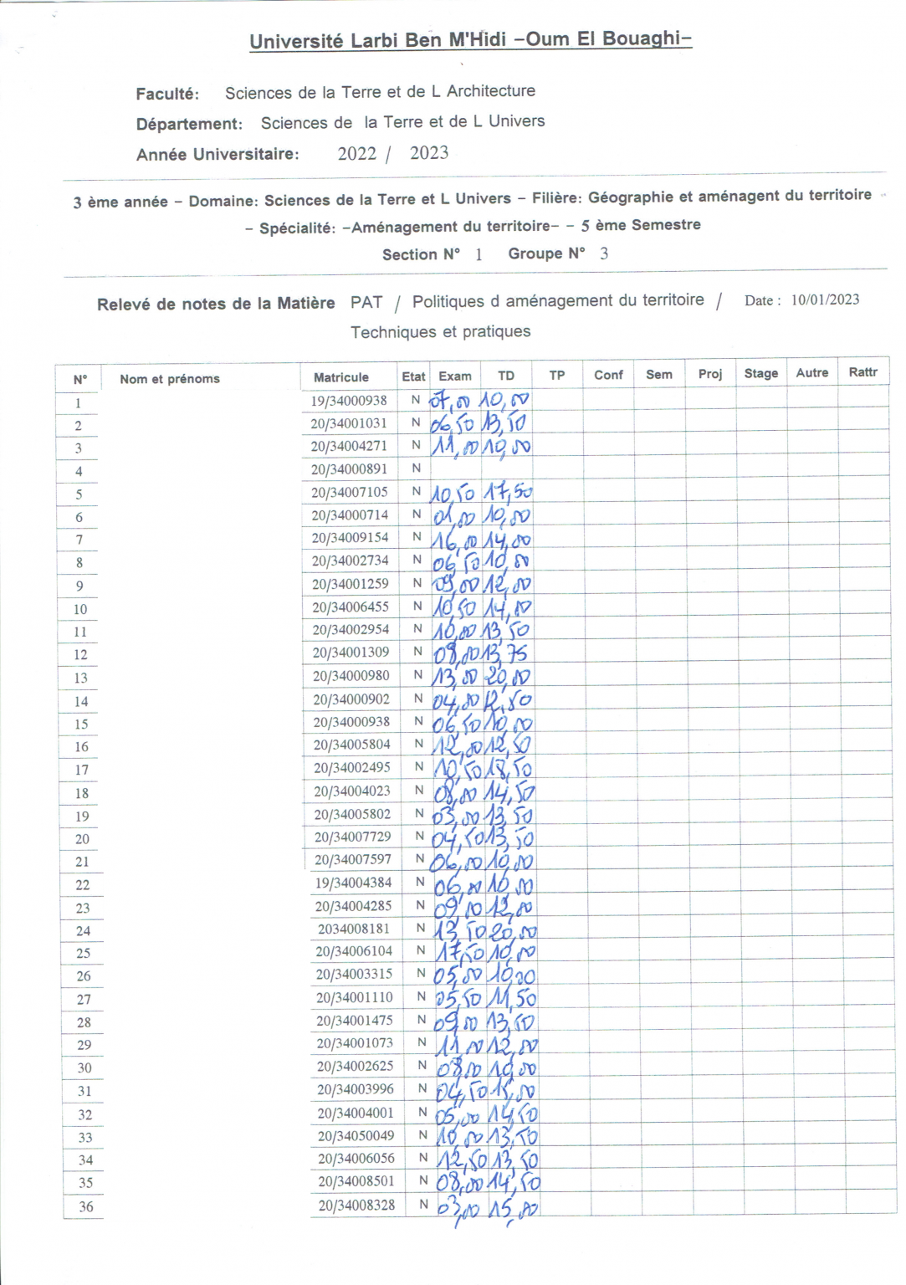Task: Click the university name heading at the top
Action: (470, 40)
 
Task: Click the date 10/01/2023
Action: (825, 299)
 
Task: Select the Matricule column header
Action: (340, 377)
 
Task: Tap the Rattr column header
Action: (862, 372)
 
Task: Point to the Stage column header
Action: (760, 373)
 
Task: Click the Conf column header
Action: (608, 375)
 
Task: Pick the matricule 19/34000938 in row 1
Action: (349, 401)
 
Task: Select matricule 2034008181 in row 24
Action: (353, 929)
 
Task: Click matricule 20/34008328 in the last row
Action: (356, 1205)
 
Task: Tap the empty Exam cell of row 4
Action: (455, 469)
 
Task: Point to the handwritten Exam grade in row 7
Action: (454, 540)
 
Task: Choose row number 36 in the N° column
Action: (85, 1206)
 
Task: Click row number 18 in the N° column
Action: (82, 793)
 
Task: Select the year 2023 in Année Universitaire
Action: (429, 153)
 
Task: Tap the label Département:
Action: (189, 124)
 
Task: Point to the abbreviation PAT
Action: (366, 302)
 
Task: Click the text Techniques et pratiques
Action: (440, 331)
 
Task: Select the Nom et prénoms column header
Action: (170, 379)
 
